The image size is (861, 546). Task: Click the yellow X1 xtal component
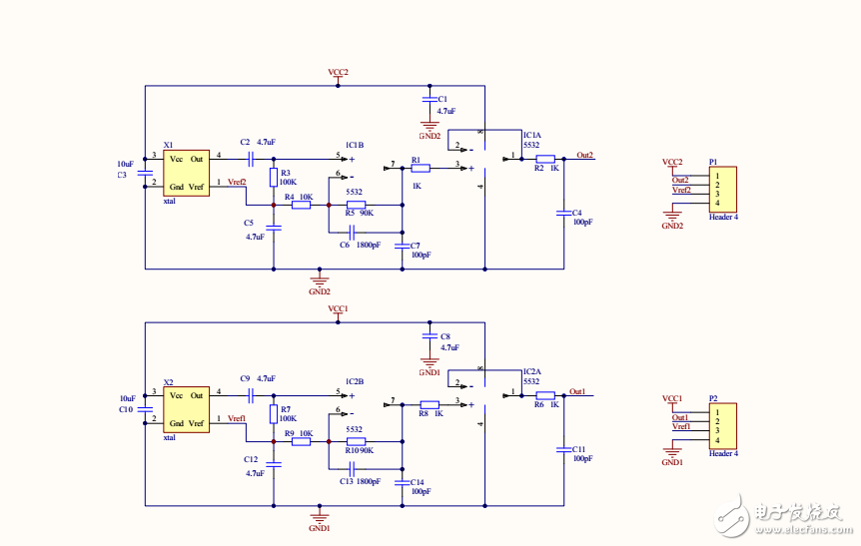[187, 173]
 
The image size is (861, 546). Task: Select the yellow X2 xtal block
[187, 410]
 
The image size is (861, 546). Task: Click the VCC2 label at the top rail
[338, 73]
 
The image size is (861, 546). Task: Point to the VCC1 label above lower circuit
[338, 309]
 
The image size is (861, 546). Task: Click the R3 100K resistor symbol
[274, 178]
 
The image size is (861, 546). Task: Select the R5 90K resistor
[356, 204]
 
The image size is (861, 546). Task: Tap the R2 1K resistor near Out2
[545, 159]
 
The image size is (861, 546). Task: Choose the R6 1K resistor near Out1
[545, 395]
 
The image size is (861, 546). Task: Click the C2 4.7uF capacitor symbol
[253, 158]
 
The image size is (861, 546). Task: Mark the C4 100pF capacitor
[563, 213]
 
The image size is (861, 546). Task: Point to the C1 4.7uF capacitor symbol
[430, 100]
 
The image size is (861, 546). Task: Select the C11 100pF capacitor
[563, 449]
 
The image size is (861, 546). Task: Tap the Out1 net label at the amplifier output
[577, 391]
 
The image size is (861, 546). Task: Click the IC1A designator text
[531, 136]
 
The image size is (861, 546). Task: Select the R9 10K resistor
[301, 440]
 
